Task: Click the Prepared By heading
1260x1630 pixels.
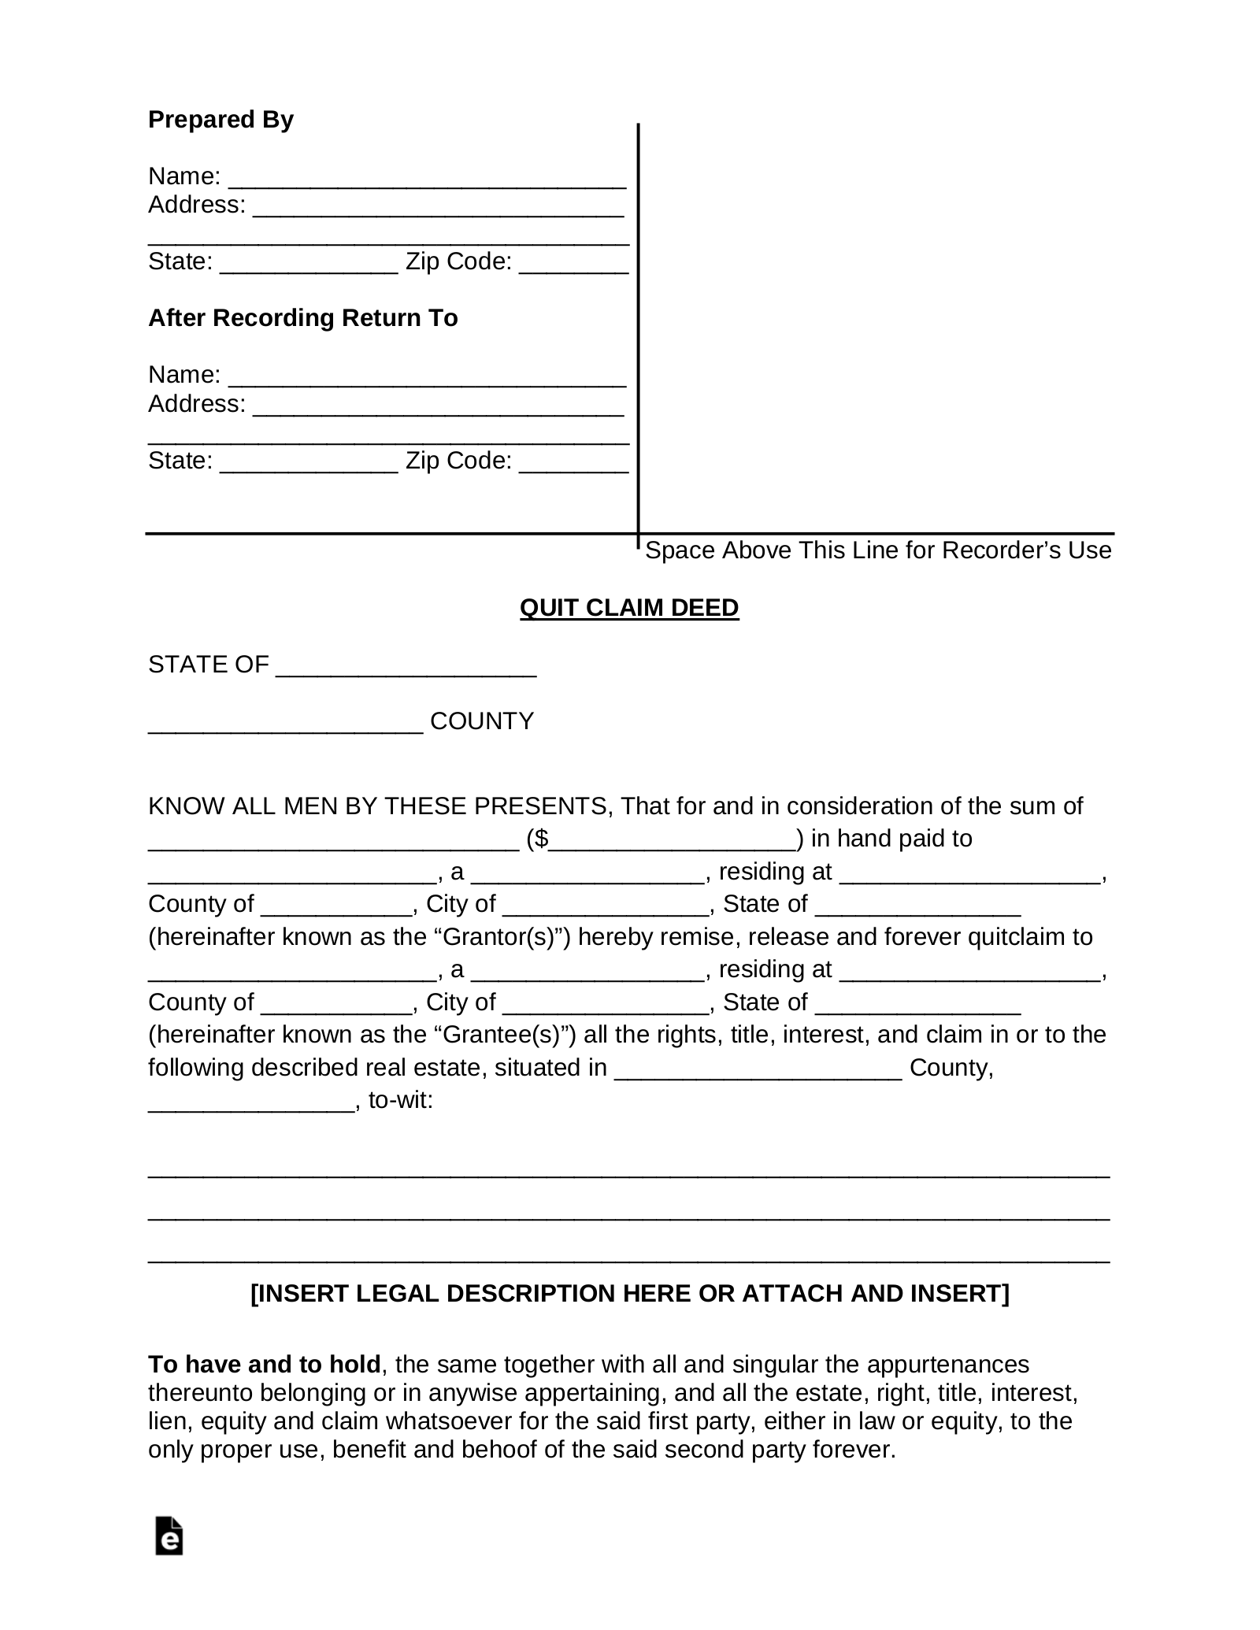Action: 220,120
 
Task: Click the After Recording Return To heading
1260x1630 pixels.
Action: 302,318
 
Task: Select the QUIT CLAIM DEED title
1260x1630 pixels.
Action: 629,608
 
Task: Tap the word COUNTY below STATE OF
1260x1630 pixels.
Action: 482,721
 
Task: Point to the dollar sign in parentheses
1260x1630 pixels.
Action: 541,839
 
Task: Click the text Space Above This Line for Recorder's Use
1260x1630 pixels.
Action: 878,550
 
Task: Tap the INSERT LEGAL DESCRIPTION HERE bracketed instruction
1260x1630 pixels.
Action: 629,1294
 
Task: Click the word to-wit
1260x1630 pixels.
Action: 400,1100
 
